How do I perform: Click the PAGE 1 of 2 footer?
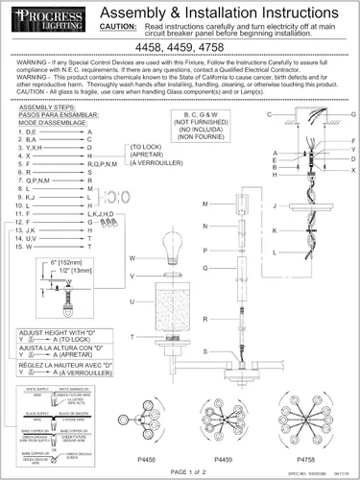click(x=179, y=472)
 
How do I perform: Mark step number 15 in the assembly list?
click(x=26, y=247)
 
